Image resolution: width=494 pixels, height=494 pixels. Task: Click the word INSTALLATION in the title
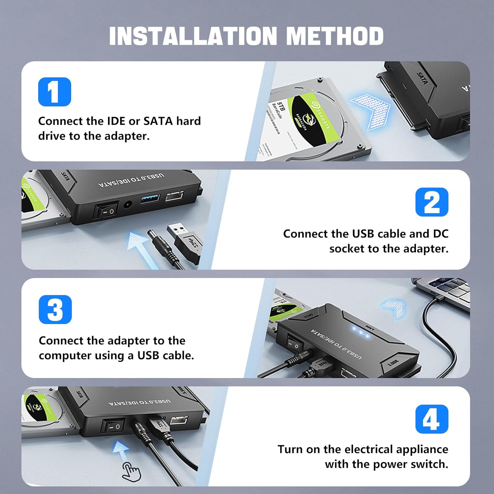pyautogui.click(x=193, y=36)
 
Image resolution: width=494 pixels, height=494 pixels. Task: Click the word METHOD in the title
pyautogui.click(x=335, y=36)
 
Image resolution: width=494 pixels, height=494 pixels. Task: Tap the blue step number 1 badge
pyautogui.click(x=54, y=92)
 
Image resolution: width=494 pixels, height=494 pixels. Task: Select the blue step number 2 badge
pyautogui.click(x=432, y=202)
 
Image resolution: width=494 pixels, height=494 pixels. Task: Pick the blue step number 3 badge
pyautogui.click(x=55, y=310)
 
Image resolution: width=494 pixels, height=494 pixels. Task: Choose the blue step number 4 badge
pyautogui.click(x=432, y=419)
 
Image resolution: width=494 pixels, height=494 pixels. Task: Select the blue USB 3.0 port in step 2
pyautogui.click(x=150, y=199)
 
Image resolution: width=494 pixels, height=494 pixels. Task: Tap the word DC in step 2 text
pyautogui.click(x=440, y=233)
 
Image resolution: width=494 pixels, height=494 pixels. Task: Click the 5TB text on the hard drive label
pyautogui.click(x=280, y=107)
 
